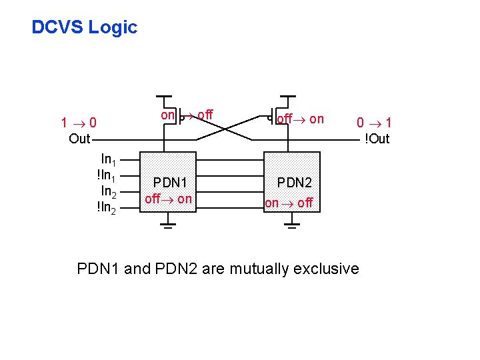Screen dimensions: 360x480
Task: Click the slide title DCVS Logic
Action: [84, 27]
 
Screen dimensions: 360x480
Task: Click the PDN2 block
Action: [292, 182]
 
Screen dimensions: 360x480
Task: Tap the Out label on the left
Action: [79, 139]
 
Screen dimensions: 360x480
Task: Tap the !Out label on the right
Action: [376, 139]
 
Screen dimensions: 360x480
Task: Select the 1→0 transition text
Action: [79, 123]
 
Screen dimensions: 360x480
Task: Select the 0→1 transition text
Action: [373, 123]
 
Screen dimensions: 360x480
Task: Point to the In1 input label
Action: [109, 159]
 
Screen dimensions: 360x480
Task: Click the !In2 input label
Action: [107, 208]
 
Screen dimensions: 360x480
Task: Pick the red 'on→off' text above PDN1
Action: [187, 115]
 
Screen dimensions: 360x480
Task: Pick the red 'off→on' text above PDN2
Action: [301, 119]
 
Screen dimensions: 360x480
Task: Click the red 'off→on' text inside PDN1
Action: [168, 199]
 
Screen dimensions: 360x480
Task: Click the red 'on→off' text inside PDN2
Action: [289, 203]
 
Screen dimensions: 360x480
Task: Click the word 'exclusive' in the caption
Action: [327, 269]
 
